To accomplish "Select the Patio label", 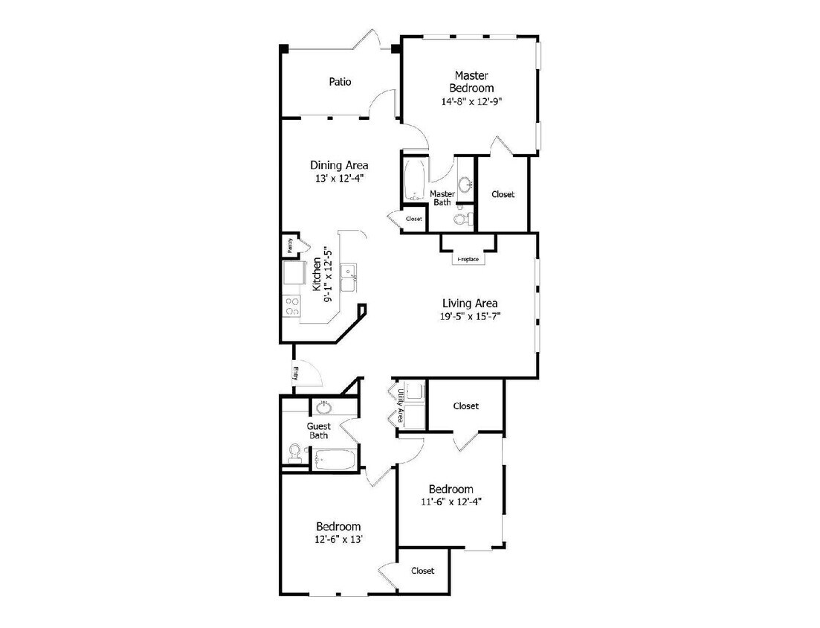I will coord(340,82).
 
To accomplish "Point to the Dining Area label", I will coord(338,165).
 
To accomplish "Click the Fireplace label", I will coord(468,260).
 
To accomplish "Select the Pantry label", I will coord(289,245).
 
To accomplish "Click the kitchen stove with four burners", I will coord(291,306).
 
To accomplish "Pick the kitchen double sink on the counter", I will coord(348,277).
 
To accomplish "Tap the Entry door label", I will coord(295,374).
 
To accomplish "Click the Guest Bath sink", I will coord(324,407).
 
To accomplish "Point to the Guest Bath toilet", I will coord(295,452).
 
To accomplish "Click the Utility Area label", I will coord(400,406).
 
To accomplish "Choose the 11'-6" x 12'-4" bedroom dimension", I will coord(451,502).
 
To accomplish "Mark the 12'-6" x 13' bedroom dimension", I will coord(338,539).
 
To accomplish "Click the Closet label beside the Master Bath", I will coord(414,219).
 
